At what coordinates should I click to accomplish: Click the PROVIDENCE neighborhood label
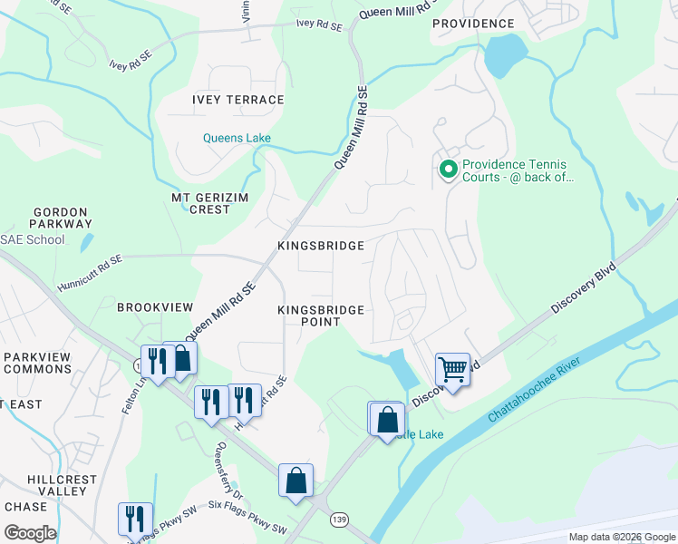point(472,24)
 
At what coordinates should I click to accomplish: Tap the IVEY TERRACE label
point(238,100)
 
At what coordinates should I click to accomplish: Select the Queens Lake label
point(236,139)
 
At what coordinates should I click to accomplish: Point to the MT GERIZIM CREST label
point(201,203)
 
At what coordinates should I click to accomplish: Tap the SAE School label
point(33,239)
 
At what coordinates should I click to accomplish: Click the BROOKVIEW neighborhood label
point(150,307)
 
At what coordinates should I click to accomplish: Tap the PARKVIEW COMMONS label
point(37,363)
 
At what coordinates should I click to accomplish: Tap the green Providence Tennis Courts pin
point(447,170)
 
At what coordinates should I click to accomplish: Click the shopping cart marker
point(452,370)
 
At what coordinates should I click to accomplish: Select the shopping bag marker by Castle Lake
point(387,419)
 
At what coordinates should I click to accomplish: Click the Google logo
point(30,533)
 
